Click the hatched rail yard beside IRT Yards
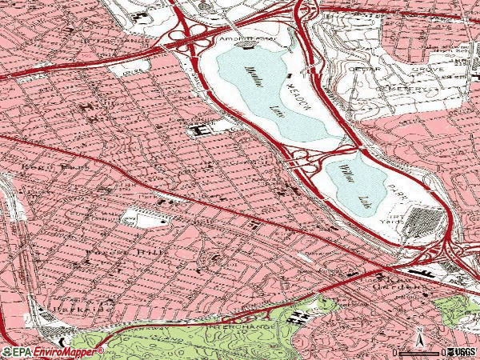click(x=419, y=220)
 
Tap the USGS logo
click(x=462, y=352)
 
